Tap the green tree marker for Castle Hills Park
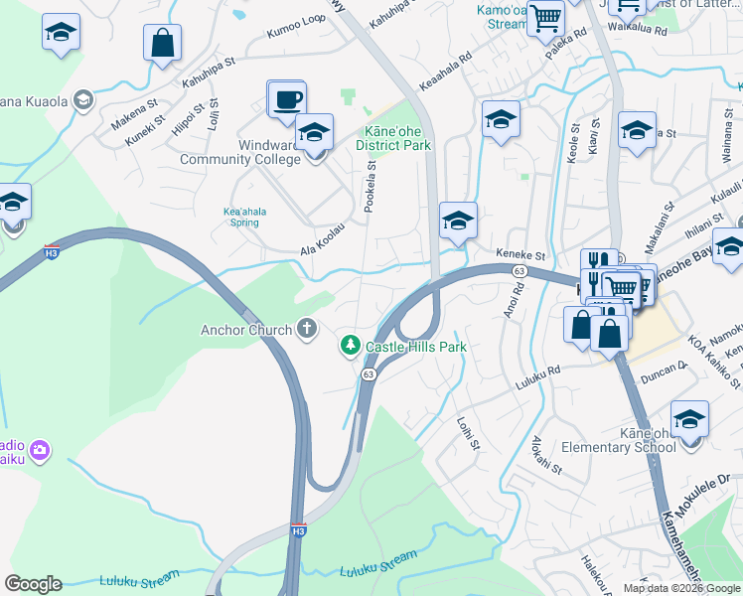[350, 346]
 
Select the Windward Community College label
[240, 152]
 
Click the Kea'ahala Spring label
[241, 217]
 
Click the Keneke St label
[521, 256]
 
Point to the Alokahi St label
[546, 454]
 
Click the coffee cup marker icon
[287, 99]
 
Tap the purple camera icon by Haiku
[40, 450]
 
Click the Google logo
[33, 584]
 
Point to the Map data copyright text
[681, 588]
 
